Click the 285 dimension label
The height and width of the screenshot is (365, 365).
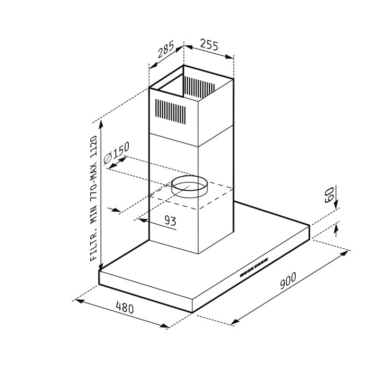[165, 50]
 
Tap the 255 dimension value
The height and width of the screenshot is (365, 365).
[209, 45]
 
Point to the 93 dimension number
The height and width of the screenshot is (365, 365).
[170, 220]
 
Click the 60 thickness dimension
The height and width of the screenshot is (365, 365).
[330, 194]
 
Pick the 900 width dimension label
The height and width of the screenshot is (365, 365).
[288, 281]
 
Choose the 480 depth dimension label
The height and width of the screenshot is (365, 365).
[125, 307]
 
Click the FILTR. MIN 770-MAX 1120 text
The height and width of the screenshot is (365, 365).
[93, 198]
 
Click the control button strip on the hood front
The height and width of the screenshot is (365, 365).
[254, 267]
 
